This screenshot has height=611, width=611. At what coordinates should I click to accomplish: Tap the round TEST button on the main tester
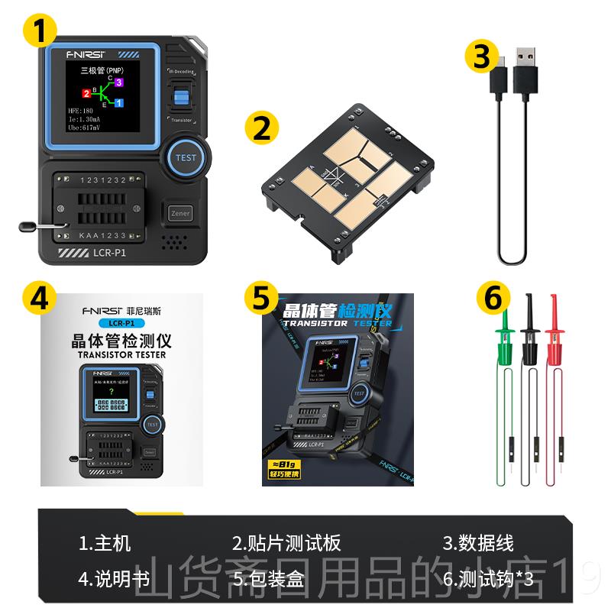pyautogui.click(x=186, y=157)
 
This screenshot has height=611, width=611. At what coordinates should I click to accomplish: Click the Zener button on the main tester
pyautogui.click(x=180, y=213)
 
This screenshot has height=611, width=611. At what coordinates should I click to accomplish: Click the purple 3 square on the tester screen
pyautogui.click(x=118, y=82)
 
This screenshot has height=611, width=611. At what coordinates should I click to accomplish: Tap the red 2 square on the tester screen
pyautogui.click(x=86, y=94)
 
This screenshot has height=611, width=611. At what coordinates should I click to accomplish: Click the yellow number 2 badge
pyautogui.click(x=262, y=128)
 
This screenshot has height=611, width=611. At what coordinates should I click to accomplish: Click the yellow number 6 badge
pyautogui.click(x=493, y=298)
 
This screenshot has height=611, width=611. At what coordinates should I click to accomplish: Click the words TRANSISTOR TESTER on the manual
pyautogui.click(x=121, y=354)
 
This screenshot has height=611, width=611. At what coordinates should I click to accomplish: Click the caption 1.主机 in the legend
pyautogui.click(x=105, y=543)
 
